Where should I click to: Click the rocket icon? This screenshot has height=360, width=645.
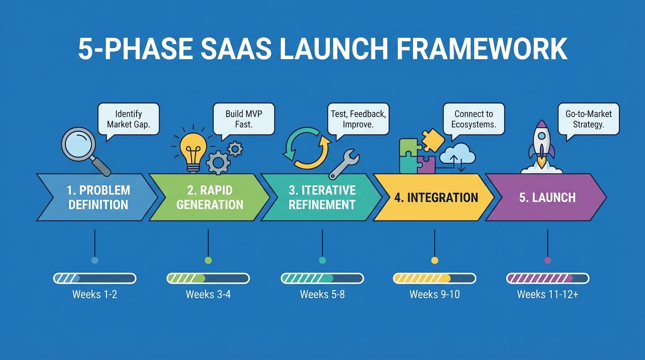click(542, 143)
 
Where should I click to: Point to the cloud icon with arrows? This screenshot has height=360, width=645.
click(457, 155)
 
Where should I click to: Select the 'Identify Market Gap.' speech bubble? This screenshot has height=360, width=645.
click(128, 119)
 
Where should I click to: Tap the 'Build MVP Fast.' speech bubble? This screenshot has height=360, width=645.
click(243, 119)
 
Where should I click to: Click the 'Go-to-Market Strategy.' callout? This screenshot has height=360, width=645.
click(588, 119)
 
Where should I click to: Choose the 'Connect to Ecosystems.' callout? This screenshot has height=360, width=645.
click(473, 119)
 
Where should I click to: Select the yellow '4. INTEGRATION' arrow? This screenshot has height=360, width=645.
click(434, 197)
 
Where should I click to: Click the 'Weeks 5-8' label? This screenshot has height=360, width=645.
click(322, 294)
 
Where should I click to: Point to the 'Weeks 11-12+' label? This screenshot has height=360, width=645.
click(547, 294)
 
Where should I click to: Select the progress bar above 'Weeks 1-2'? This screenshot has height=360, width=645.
click(95, 278)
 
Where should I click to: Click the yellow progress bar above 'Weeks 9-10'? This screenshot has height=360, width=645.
click(434, 278)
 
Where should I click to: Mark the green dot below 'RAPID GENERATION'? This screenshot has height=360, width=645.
click(209, 260)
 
